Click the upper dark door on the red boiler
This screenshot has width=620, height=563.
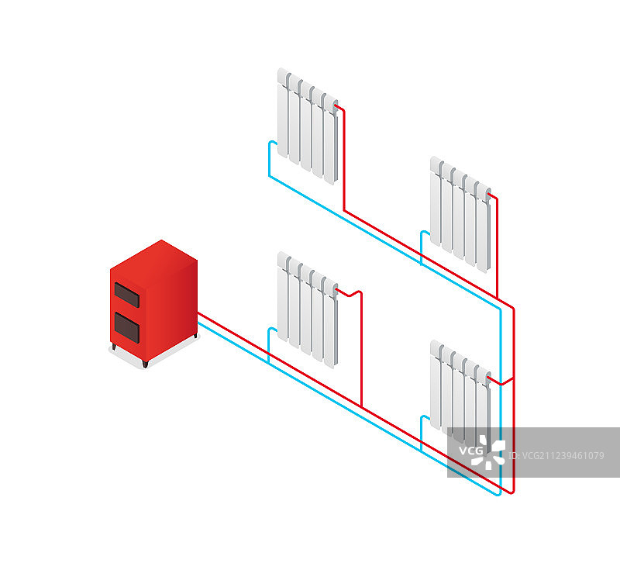[x=128, y=295]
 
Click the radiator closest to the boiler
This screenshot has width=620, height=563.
[x=308, y=309]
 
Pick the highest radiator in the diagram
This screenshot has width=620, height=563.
[x=308, y=126]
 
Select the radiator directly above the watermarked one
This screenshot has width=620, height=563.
[x=460, y=214]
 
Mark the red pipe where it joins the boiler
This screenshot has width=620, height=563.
[x=200, y=313]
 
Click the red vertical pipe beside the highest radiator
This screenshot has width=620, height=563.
[x=343, y=163]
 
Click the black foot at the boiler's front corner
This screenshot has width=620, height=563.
[x=144, y=364]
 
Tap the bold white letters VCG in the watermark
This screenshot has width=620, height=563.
[x=470, y=451]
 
